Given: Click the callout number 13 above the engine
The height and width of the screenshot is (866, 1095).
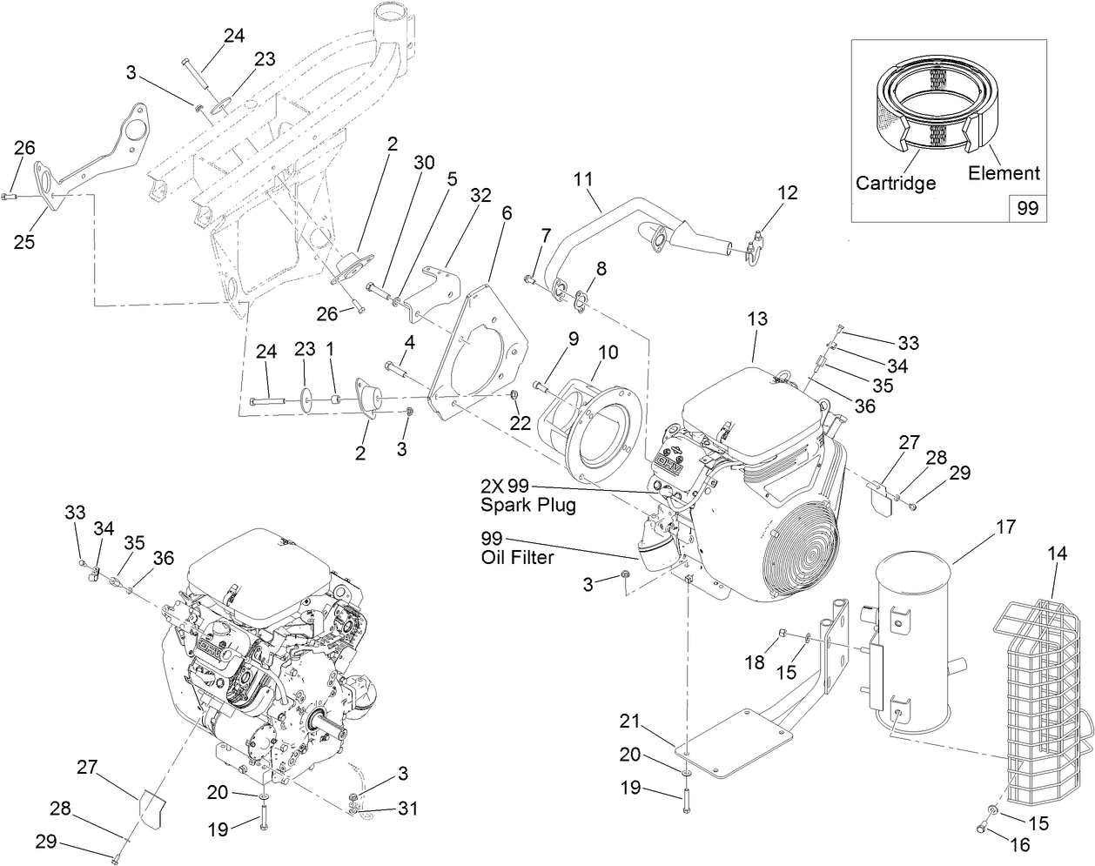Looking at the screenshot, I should click(x=757, y=319).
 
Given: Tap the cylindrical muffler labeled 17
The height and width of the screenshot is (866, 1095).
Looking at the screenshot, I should click(x=914, y=644).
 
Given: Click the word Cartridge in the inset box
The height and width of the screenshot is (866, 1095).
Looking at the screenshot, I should click(x=896, y=183).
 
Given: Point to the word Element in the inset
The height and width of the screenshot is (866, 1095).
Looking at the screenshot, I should click(x=1004, y=173).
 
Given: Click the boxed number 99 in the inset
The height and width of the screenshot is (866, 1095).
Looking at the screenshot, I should click(x=1028, y=209).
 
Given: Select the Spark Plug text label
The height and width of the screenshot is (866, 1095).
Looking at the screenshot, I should click(x=528, y=505).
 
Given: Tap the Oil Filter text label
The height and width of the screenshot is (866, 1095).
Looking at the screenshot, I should click(x=517, y=558).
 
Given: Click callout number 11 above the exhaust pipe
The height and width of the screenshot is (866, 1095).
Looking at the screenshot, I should click(x=582, y=179).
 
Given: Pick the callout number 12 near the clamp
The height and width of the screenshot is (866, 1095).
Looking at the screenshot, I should click(x=787, y=192).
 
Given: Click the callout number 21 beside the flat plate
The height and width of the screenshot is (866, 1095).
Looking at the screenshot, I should click(x=630, y=721).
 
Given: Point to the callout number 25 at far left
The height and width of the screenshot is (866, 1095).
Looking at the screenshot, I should click(x=24, y=241).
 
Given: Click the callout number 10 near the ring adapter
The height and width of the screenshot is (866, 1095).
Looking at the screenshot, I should click(x=608, y=352).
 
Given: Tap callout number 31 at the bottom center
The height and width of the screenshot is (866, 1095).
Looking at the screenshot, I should click(x=407, y=809).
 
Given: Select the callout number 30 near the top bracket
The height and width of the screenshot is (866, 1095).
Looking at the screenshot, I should click(x=423, y=162).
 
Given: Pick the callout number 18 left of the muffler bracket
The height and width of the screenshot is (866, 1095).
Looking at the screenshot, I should click(x=754, y=663).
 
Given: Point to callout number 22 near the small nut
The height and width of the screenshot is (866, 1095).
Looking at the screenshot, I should click(x=520, y=423).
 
